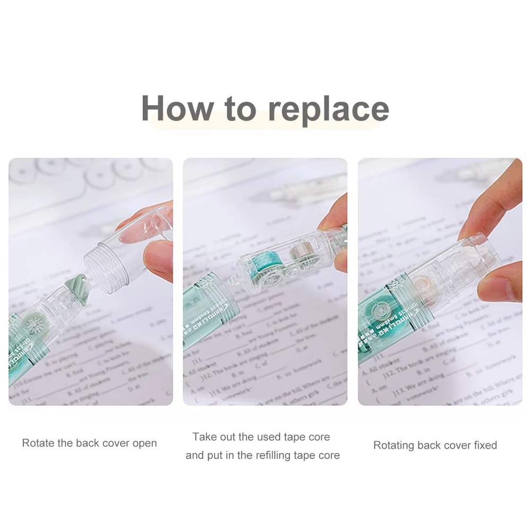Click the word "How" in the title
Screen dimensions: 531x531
(176, 108)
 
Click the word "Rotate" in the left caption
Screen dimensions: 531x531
(39, 443)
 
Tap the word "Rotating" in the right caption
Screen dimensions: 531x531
(394, 445)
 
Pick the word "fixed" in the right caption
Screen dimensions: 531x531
(483, 445)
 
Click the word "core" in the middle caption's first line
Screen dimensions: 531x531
(319, 437)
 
